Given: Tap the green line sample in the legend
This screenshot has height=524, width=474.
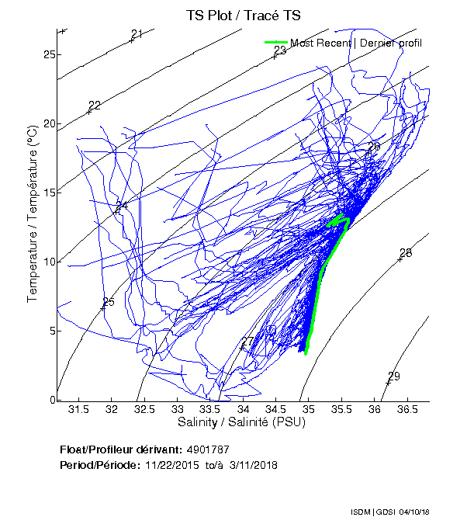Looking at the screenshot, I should click(276, 43).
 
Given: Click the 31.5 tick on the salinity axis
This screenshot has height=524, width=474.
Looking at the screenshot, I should click(77, 409).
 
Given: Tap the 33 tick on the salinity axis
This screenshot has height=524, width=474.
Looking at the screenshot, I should click(178, 409).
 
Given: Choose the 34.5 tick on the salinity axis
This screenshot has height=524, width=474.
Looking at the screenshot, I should click(276, 409).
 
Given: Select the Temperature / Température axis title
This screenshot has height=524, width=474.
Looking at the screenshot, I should click(33, 214).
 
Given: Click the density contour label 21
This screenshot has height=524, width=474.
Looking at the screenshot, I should click(137, 34).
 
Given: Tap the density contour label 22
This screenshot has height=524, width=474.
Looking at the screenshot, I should click(95, 106).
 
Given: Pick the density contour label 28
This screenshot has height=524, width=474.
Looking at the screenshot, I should click(405, 253).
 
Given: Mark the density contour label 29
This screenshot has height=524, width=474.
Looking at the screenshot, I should click(393, 377).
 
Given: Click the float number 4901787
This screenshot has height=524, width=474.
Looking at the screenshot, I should click(208, 449).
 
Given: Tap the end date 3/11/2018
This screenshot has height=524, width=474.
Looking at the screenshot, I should click(252, 465).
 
